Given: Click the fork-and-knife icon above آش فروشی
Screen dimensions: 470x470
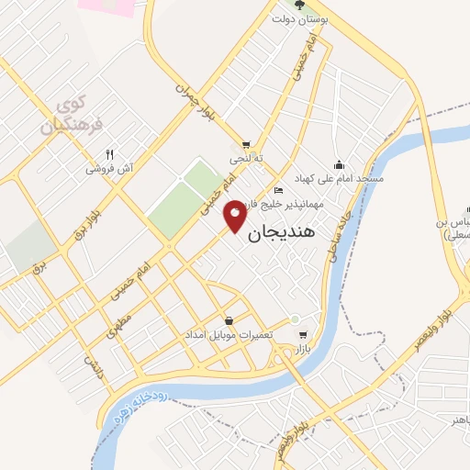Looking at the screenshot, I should [109, 154].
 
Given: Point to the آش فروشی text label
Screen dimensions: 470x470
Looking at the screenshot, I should [110, 169].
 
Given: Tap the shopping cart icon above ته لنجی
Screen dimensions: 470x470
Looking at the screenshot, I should [246, 145].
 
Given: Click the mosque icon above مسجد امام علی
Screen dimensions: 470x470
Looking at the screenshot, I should [338, 163].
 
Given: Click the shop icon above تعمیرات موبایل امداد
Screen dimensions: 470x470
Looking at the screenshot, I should [228, 319].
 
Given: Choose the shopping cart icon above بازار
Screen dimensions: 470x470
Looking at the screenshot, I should [304, 335].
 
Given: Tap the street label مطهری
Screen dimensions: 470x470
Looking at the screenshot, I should [116, 327].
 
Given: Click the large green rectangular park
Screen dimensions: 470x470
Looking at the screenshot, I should [184, 200].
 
